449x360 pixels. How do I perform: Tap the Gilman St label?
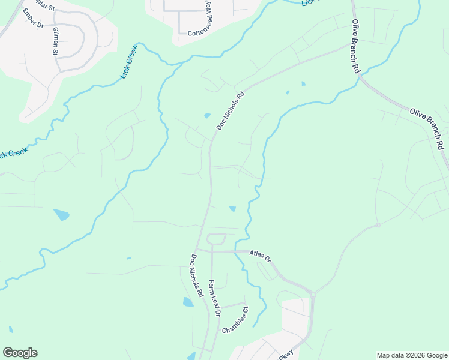(56, 41)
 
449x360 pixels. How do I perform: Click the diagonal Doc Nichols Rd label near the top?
(231, 110)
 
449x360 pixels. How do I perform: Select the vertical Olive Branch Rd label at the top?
(354, 47)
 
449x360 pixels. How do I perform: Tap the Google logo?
(20, 353)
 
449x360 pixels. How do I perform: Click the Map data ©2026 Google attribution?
(412, 355)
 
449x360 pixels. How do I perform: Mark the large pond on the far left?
(61, 214)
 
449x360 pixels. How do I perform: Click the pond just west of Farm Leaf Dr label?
(188, 302)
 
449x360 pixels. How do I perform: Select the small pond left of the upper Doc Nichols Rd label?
(207, 115)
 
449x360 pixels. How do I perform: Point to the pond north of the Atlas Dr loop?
(232, 209)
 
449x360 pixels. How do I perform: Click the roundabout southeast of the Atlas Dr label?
(313, 294)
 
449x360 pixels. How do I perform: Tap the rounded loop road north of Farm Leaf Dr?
(216, 239)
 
